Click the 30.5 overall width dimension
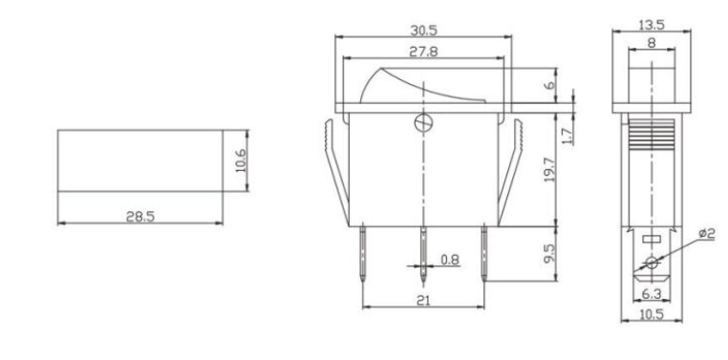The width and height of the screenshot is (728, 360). pos(422,31)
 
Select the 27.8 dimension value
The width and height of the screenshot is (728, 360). pos(422,53)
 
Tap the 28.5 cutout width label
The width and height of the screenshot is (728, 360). pos(139,216)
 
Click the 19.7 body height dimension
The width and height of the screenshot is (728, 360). pos(562,175)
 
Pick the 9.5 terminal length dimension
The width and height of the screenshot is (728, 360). pos(562,256)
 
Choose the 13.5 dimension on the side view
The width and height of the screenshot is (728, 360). pos(652,24)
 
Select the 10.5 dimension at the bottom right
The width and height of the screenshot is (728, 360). pos(652,311)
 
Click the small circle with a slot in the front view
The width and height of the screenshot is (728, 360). pos(422,122)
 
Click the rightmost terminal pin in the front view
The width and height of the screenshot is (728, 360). pos(484,253)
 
